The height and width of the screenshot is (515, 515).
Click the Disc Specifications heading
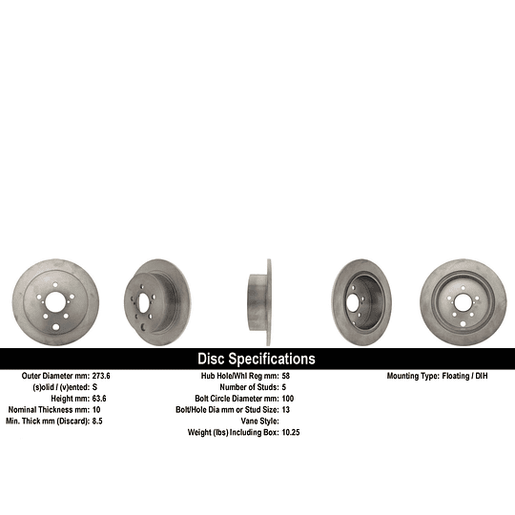(x=256, y=360)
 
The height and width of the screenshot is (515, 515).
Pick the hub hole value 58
(x=286, y=377)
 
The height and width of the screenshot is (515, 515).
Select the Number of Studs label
(x=248, y=387)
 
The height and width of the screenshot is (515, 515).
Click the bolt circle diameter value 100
(x=289, y=398)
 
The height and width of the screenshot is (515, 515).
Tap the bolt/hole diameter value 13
(x=286, y=409)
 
